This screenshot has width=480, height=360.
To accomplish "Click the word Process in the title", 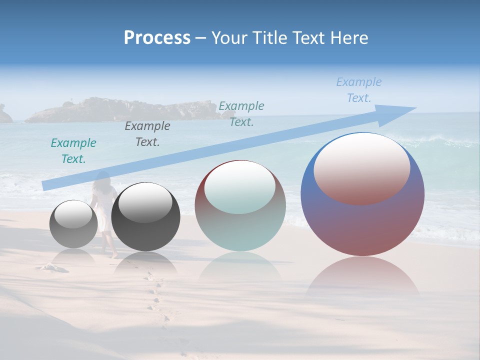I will (x=157, y=38).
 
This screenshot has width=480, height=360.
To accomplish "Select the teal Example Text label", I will (x=73, y=151).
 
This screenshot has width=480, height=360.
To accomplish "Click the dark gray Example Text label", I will (x=147, y=134).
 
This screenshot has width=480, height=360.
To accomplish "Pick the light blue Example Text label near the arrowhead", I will (x=359, y=90).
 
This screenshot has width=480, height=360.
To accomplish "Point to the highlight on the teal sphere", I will (x=240, y=186).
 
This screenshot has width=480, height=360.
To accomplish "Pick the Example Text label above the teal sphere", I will (x=241, y=114).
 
